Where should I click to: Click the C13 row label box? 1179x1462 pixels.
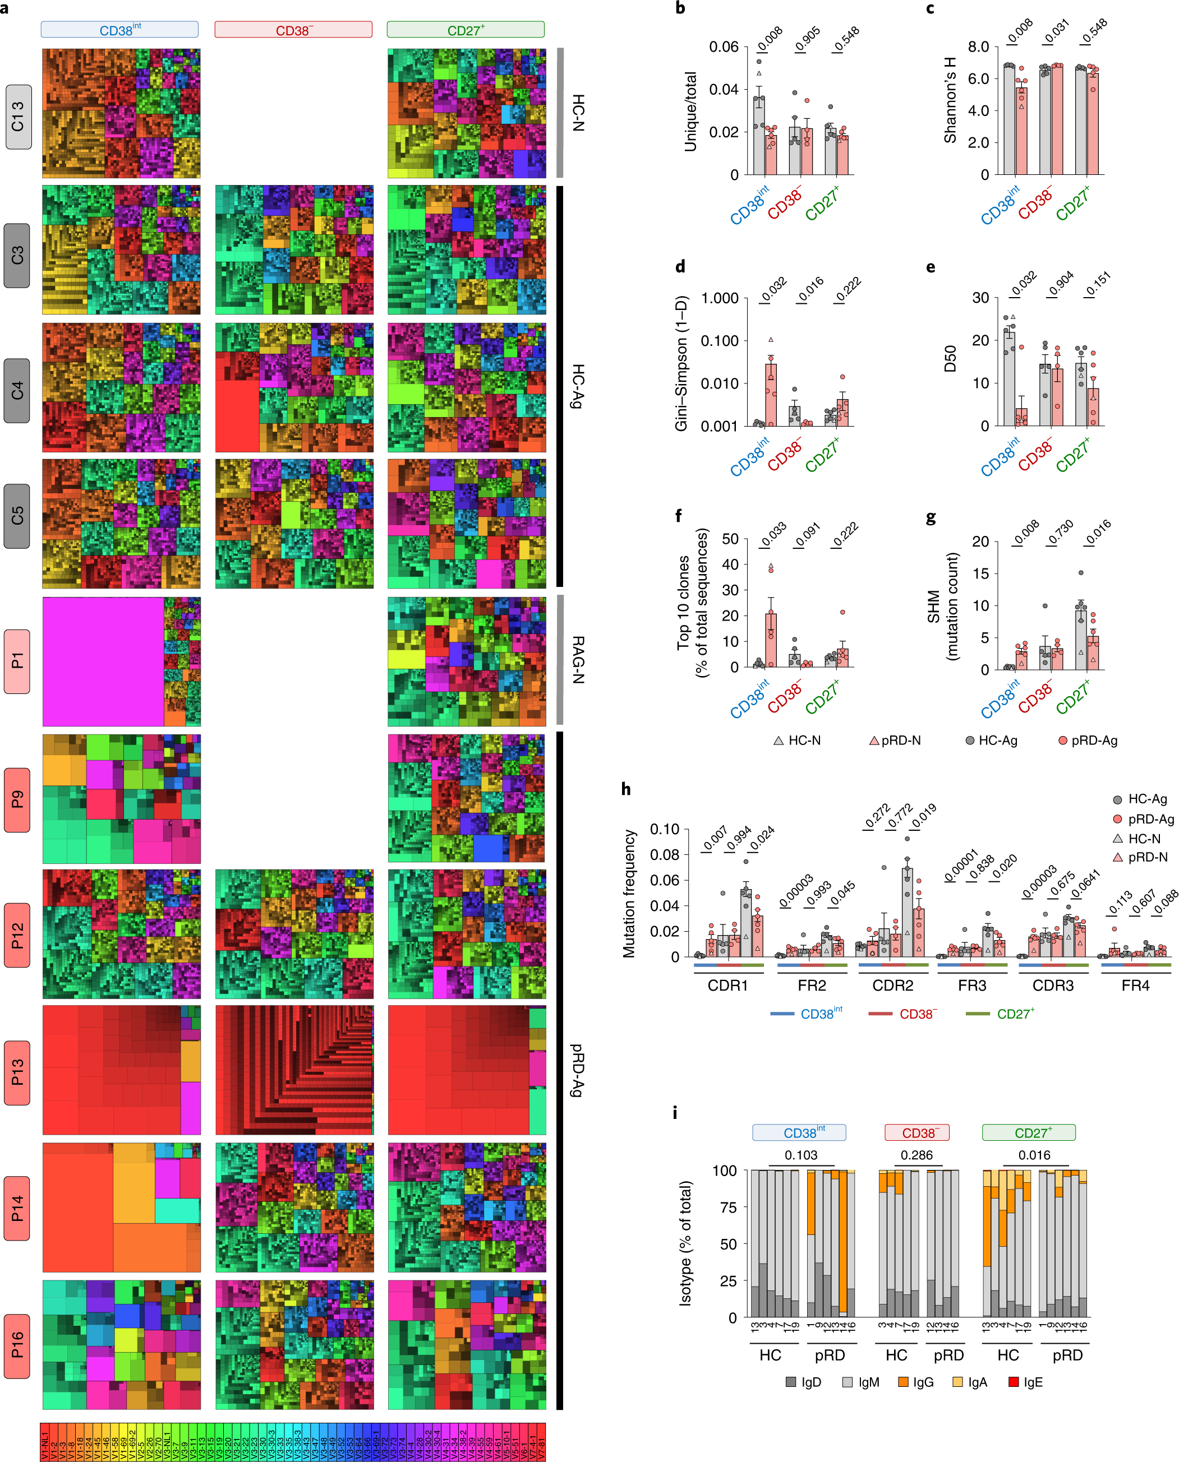point(19,117)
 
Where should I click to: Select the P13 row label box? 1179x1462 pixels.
point(17,1072)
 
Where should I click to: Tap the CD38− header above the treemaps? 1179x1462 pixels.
point(293,30)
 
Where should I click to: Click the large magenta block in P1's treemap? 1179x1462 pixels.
point(102,662)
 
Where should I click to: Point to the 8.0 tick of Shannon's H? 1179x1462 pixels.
point(978,47)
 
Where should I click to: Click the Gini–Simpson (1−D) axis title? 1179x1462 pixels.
point(681,363)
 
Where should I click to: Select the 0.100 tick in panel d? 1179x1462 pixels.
point(719,341)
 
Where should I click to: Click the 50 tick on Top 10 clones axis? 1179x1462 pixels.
point(730,539)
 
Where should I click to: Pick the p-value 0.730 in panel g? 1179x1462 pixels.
point(1060,532)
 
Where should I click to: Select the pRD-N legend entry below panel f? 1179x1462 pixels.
point(895,741)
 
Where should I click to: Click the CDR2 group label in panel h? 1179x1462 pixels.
point(892,985)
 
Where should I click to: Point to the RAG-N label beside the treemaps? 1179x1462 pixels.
point(577,659)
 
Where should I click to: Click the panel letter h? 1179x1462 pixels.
point(625,789)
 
